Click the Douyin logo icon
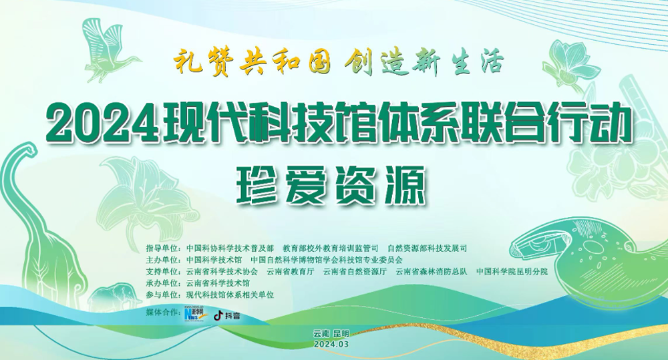218,315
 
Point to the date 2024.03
331,344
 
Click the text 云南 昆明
331,333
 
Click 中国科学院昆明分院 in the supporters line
512,271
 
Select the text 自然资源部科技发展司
428,248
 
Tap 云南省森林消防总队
432,271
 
